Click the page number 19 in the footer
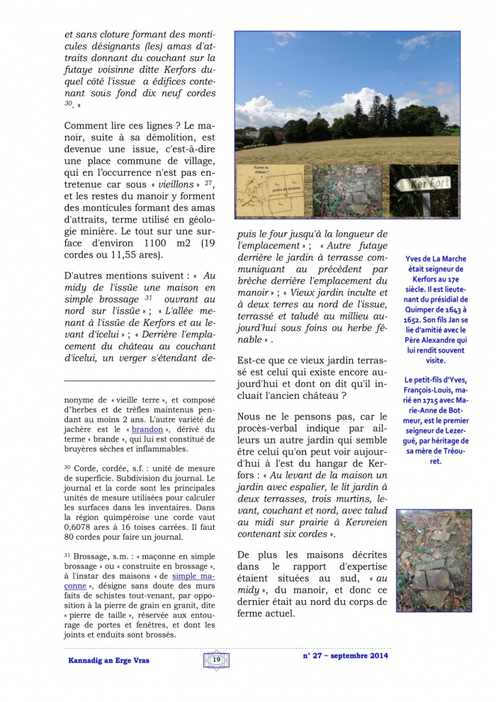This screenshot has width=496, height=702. coord(217,659)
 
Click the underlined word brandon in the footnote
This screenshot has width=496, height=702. coord(147,430)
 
